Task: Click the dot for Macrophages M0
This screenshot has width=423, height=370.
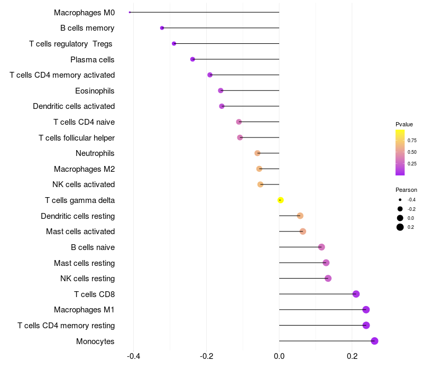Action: click(130, 12)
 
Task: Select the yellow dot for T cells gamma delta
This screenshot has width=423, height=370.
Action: click(281, 200)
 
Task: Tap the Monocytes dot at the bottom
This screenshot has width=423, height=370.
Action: click(374, 341)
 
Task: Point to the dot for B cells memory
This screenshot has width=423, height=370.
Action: click(162, 28)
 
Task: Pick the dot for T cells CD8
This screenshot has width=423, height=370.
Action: click(356, 294)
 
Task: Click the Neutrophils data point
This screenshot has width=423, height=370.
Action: click(258, 153)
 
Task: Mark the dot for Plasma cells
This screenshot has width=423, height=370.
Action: click(192, 59)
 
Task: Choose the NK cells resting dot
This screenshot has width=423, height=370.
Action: click(328, 278)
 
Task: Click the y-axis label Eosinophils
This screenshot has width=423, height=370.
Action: click(95, 91)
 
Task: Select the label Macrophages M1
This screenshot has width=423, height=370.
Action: click(84, 310)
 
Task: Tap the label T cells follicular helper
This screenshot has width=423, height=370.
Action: click(77, 138)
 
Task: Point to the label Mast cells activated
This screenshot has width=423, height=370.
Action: click(80, 232)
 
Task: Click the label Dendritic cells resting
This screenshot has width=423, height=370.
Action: click(78, 216)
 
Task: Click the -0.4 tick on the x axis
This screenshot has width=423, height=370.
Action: click(133, 356)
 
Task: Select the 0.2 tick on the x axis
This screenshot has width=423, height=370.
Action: click(352, 356)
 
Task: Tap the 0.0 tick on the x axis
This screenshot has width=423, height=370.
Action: click(279, 356)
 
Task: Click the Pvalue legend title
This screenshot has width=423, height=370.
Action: click(404, 124)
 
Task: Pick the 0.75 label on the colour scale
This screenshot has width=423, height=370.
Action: click(412, 141)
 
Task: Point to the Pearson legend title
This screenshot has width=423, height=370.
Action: click(406, 190)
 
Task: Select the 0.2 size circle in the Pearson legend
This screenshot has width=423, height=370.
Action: click(400, 227)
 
